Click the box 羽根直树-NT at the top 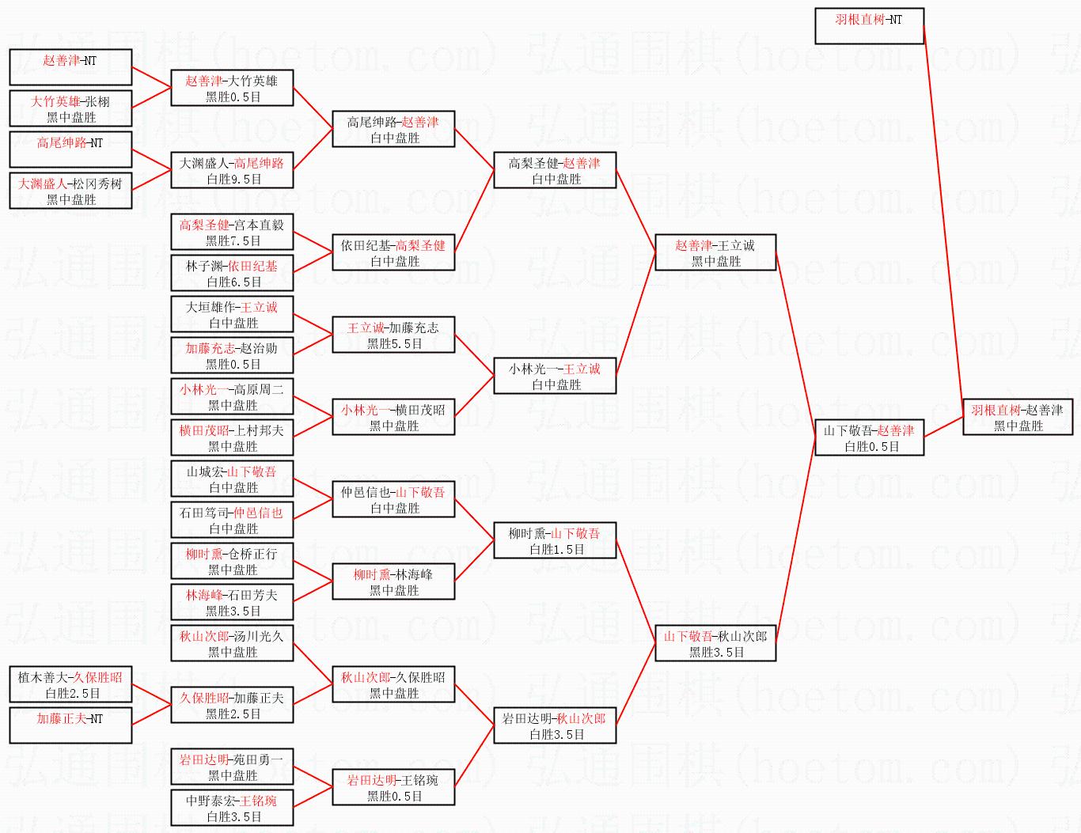[869, 26]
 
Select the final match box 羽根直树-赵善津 [1017, 417]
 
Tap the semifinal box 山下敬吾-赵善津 [869, 437]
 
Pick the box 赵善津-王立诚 [715, 252]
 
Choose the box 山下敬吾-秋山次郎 [715, 643]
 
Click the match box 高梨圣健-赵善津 [554, 170]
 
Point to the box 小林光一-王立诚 [554, 376]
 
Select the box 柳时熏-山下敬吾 [554, 540]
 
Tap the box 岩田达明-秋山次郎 [554, 725]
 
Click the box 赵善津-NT [70, 67]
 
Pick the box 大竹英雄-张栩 [70, 108]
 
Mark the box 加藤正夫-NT [70, 725]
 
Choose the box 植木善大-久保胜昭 [70, 684]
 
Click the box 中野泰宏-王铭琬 [232, 808]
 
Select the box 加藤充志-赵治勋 [232, 355]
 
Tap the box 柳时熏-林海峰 [393, 581]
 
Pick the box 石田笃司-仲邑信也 [232, 520]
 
